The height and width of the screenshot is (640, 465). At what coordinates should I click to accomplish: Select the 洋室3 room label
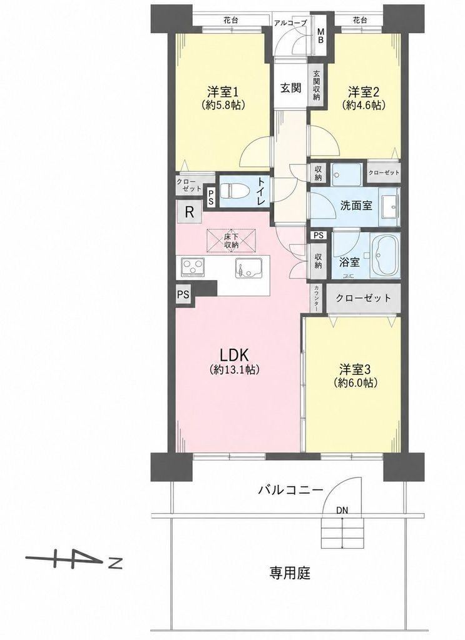click(355, 369)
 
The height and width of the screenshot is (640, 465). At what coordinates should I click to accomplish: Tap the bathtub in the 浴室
click(386, 255)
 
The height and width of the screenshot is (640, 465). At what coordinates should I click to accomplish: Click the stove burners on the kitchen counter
click(193, 267)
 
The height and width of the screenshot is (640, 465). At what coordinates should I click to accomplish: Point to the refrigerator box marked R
click(189, 212)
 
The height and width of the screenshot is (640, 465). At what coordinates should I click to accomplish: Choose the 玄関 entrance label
click(290, 87)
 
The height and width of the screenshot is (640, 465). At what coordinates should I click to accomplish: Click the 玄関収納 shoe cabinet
click(317, 86)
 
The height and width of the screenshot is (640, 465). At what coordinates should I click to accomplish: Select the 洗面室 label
click(356, 205)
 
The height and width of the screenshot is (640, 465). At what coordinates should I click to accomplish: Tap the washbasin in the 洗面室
click(389, 206)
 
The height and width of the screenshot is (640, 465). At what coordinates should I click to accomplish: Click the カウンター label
click(317, 298)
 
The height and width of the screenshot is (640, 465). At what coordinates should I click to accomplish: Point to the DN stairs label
click(342, 510)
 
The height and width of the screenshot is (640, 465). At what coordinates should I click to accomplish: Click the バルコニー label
click(290, 489)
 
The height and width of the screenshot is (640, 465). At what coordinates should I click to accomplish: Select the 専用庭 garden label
click(290, 574)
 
